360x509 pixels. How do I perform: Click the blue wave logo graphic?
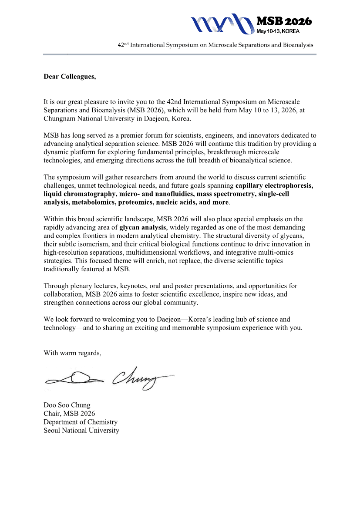(222, 24)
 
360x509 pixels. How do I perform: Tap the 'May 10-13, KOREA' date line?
(278, 31)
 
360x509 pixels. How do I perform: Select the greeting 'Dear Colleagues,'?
(70, 77)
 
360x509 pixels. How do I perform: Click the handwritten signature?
(109, 378)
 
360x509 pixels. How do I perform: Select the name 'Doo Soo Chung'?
(67, 405)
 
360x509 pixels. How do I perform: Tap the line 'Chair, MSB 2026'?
(69, 414)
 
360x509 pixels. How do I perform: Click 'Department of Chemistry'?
(81, 422)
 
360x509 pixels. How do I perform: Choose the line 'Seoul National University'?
(81, 430)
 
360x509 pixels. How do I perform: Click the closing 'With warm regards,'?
(72, 353)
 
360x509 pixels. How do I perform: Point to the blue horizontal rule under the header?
(179, 54)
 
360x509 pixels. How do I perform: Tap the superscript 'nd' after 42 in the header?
(128, 44)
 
